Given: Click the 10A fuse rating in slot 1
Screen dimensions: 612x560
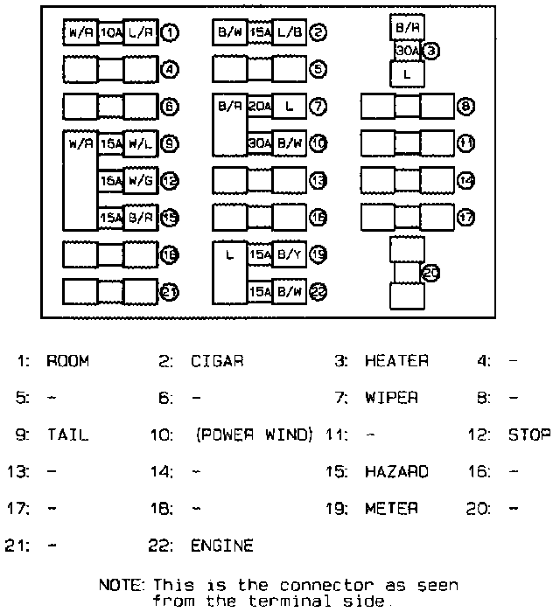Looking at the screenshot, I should coord(111,33).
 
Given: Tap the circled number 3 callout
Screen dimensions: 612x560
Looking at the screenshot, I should coord(430,51).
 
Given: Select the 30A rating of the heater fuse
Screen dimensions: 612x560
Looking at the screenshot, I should coord(407,52).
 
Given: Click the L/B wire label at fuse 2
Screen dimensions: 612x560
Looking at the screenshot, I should coord(290,33).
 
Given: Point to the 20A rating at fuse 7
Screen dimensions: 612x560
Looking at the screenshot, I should coord(260,107).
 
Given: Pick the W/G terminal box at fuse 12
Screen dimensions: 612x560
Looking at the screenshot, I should coord(141,181).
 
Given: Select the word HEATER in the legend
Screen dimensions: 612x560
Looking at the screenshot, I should coord(396,361).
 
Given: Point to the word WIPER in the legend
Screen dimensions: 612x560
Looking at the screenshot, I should coord(391,398).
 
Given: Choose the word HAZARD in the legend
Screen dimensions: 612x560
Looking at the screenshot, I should coord(396,471).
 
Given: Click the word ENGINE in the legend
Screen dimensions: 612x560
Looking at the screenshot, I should coord(222,546).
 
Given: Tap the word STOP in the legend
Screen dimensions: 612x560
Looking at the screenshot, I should coord(529,435).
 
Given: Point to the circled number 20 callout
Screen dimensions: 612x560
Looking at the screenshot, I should coord(430,274).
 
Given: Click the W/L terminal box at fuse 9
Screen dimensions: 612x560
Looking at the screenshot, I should coord(141,143).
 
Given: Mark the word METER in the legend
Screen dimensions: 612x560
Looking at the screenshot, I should coord(391,508).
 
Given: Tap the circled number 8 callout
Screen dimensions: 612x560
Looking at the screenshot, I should coord(466,107).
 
